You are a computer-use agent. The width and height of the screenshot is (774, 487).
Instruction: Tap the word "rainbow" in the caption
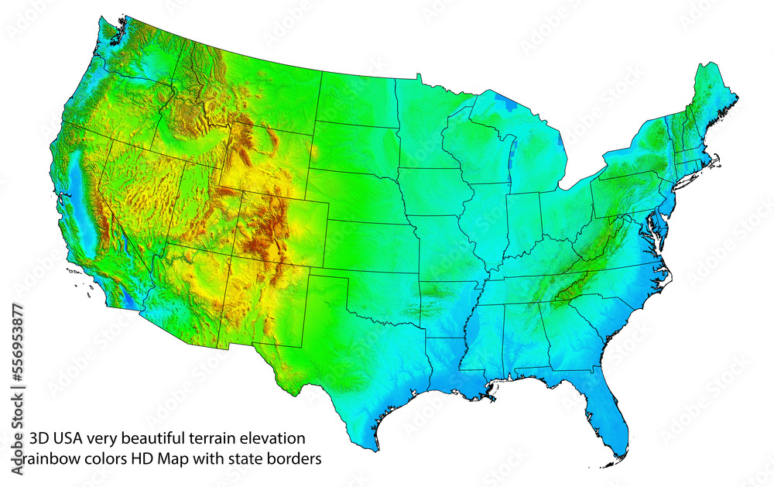click(53, 459)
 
